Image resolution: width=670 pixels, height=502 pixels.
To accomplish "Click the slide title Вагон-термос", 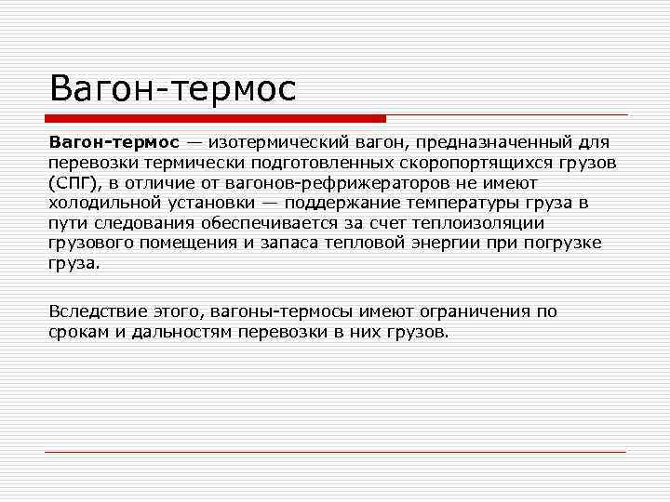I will click(x=173, y=89).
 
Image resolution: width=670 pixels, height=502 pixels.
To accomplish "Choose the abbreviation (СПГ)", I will click(x=72, y=183).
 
